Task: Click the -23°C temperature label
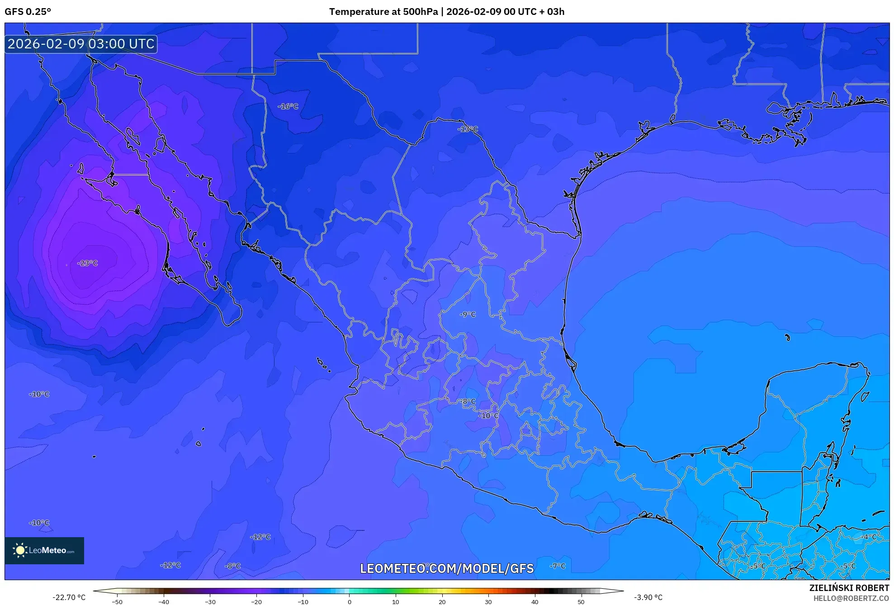click(87, 263)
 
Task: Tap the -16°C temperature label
click(288, 107)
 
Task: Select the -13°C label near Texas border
click(468, 129)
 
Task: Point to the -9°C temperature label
click(468, 314)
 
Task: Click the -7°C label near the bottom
click(558, 566)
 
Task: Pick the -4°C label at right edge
click(869, 537)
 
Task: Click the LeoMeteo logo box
click(44, 550)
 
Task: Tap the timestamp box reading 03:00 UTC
click(81, 44)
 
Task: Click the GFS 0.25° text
click(28, 12)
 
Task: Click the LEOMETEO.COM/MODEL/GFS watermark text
click(446, 568)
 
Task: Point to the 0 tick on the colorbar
click(349, 602)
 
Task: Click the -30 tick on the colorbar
click(210, 602)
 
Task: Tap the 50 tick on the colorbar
click(581, 602)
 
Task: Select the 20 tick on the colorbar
click(442, 602)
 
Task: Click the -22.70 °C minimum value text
click(69, 597)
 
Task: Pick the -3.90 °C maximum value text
click(648, 597)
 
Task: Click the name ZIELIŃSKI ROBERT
click(849, 588)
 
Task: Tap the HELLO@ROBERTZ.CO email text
click(851, 598)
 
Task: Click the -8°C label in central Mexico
click(468, 402)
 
